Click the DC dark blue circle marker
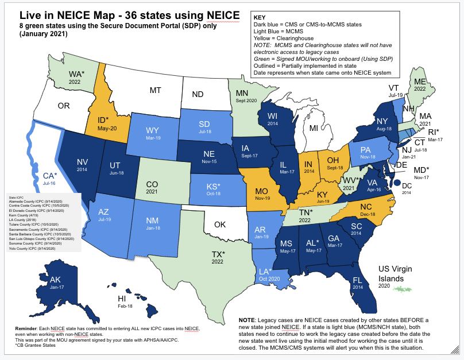pos(397,183)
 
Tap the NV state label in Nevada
pos(83,162)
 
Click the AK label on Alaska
pos(56,280)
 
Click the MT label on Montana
pos(155,90)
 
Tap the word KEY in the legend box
pos(260,18)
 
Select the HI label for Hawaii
pos(122,299)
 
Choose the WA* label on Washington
pos(76,73)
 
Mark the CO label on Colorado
pos(152,184)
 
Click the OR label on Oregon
pos(63,106)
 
